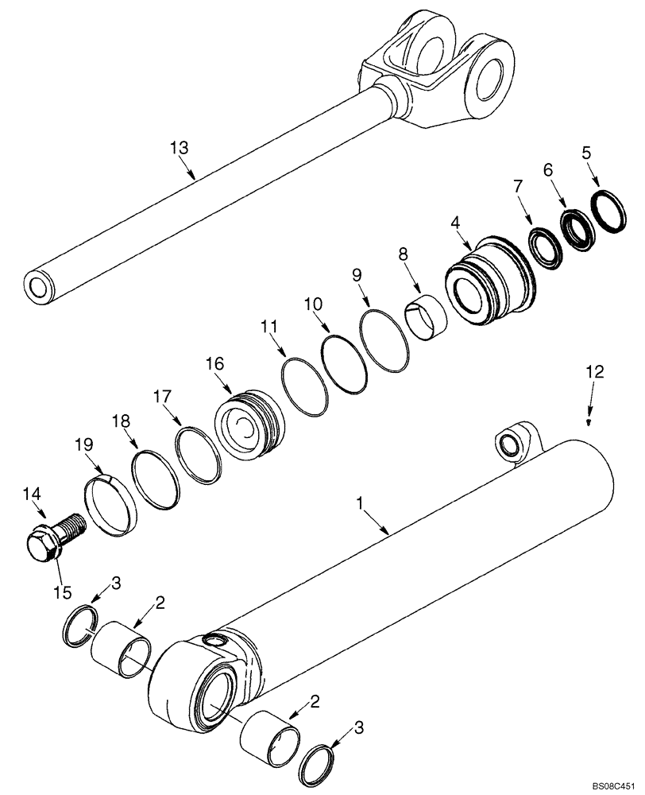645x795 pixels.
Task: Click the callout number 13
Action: pyautogui.click(x=180, y=147)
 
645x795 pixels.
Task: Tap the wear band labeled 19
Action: pyautogui.click(x=111, y=502)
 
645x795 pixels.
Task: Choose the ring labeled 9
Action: pyautogui.click(x=384, y=341)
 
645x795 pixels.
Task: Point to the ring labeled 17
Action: pyautogui.click(x=199, y=454)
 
